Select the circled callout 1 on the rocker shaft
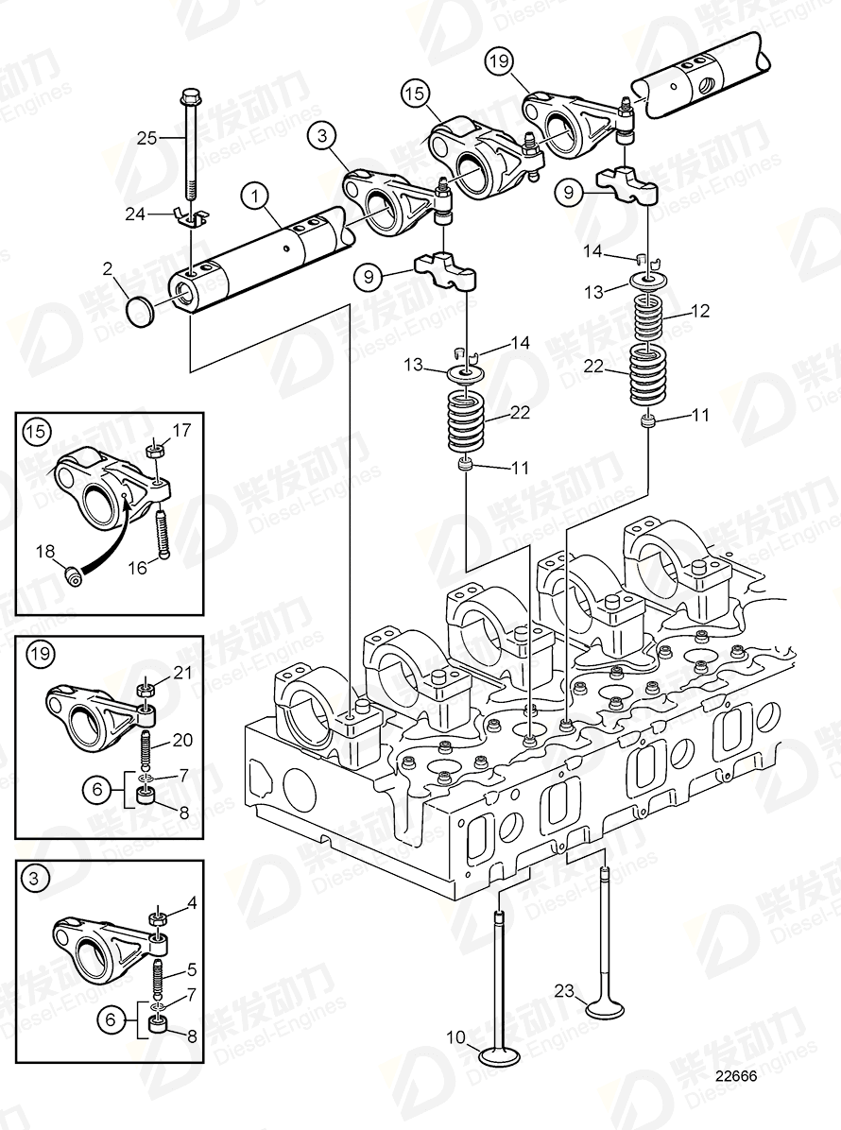pos(253,197)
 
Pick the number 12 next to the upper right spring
pos(699,310)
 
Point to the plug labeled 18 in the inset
pos(74,574)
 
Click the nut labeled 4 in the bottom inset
pos(160,917)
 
